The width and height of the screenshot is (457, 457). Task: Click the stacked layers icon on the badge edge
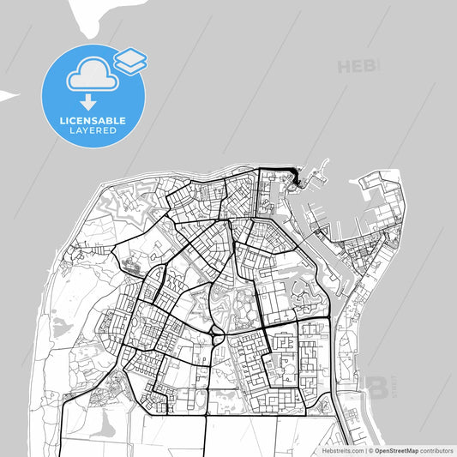129,59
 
